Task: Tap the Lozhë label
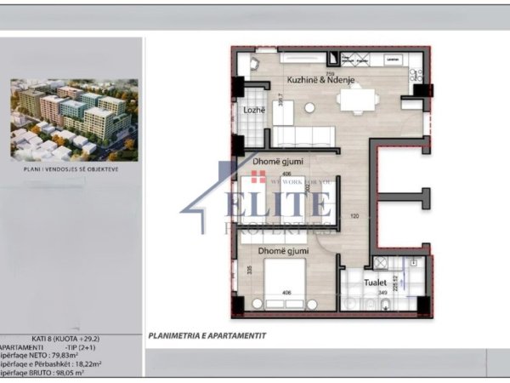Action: tap(252, 111)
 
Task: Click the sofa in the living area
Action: tap(303, 137)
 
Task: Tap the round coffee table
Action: tap(309, 107)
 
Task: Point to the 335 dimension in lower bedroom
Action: tap(248, 271)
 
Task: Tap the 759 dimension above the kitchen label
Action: tap(306, 73)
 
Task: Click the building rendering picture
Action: tap(71, 119)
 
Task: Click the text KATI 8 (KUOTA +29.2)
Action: tap(71, 339)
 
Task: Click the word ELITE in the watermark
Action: tap(277, 204)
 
